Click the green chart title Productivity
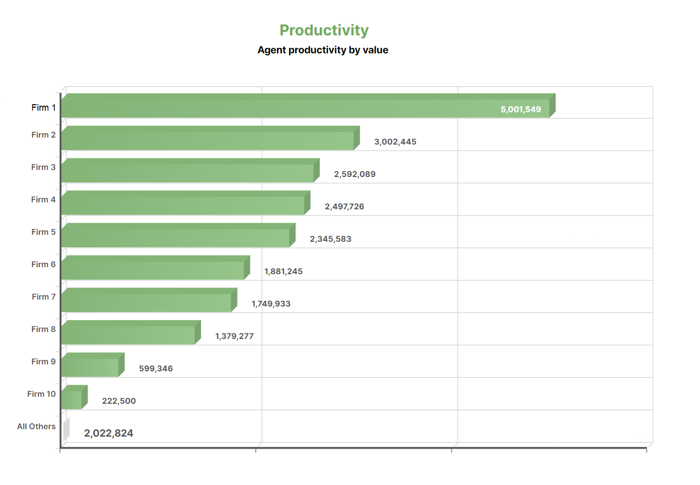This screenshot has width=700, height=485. pyautogui.click(x=324, y=30)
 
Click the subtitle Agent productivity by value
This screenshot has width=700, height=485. pyautogui.click(x=323, y=50)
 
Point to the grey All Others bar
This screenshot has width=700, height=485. pyautogui.click(x=66, y=430)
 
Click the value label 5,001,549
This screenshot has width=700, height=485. pyautogui.click(x=520, y=109)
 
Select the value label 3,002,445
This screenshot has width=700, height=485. pyautogui.click(x=395, y=142)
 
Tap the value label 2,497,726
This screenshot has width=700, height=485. pyautogui.click(x=344, y=206)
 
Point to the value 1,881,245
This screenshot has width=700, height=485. pyautogui.click(x=283, y=271)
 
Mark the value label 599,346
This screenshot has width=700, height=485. pyautogui.click(x=156, y=368)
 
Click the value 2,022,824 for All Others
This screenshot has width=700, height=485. pyautogui.click(x=108, y=433)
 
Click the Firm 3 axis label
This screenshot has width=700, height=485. pyautogui.click(x=43, y=167)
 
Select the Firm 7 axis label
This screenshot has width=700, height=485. pyautogui.click(x=43, y=297)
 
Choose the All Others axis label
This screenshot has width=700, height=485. pyautogui.click(x=36, y=426)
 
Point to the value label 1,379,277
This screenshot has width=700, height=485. pyautogui.click(x=234, y=336)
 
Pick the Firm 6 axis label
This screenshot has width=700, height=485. pyautogui.click(x=43, y=264)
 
